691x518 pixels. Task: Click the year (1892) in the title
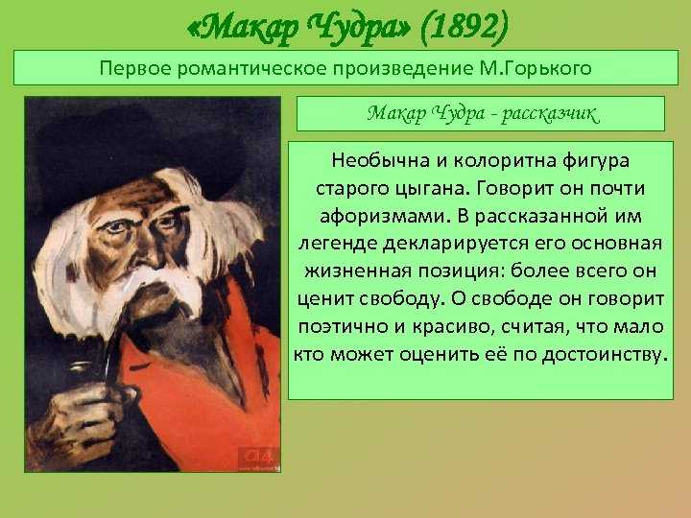[x=465, y=28]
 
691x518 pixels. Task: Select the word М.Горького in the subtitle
[x=534, y=68]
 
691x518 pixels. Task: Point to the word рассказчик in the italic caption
[x=551, y=113]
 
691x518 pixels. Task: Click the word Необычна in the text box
[x=381, y=160]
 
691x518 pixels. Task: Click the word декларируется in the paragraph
[x=455, y=244]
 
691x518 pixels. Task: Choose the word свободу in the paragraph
[x=399, y=299]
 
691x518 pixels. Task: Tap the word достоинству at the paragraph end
[x=603, y=355]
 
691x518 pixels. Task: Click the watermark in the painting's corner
[x=259, y=459]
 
